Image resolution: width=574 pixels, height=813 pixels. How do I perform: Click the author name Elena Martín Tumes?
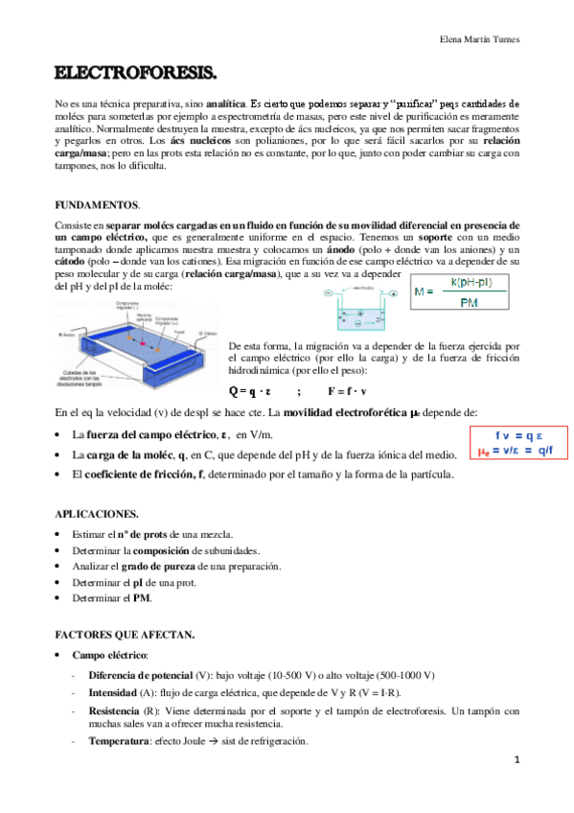[480, 39]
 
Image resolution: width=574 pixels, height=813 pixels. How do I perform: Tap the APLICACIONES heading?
[97, 513]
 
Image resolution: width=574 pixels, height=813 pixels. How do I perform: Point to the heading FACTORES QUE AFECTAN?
[126, 635]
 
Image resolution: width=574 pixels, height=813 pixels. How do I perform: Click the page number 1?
[516, 760]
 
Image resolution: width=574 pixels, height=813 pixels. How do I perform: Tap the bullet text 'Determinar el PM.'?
[111, 598]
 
